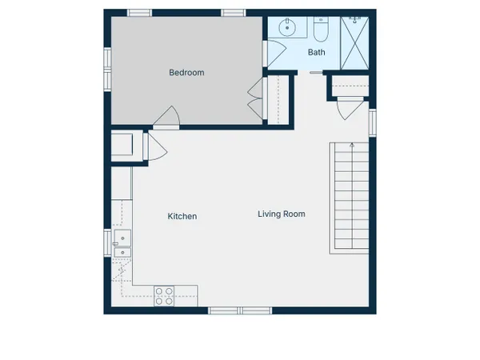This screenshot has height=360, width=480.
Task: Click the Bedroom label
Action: click(x=186, y=73)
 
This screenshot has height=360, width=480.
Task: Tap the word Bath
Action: click(x=316, y=52)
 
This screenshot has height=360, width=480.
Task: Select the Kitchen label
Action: click(x=182, y=217)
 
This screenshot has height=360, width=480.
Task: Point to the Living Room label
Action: click(x=282, y=214)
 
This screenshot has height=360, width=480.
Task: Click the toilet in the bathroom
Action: click(x=321, y=29)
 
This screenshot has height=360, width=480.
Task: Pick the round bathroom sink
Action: click(x=287, y=27)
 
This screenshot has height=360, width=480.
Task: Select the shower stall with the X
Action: click(x=354, y=43)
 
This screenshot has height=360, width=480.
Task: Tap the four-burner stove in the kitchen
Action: click(x=164, y=296)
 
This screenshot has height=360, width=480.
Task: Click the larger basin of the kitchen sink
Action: click(x=122, y=238)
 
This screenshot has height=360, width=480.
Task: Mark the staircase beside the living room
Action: click(x=350, y=198)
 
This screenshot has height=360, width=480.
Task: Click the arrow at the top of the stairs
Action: click(x=352, y=145)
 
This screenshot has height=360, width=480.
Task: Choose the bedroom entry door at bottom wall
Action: click(x=166, y=118)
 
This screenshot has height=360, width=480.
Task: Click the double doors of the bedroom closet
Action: click(x=256, y=98)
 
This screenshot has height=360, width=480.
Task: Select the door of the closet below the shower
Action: click(x=350, y=108)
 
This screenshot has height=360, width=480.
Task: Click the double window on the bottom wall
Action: click(x=240, y=310)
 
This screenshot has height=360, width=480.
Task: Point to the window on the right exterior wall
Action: click(x=372, y=122)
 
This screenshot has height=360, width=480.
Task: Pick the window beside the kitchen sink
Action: click(x=107, y=243)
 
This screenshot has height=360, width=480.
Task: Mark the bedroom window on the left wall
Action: click(x=107, y=70)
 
